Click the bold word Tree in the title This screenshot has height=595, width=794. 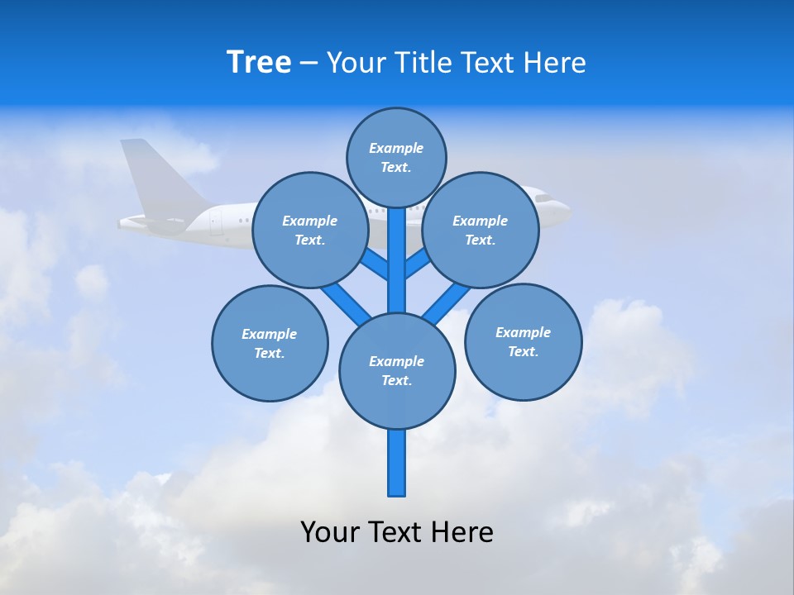pos(259,62)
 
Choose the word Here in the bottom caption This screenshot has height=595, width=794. pos(462,531)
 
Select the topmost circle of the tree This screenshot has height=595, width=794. pos(396,157)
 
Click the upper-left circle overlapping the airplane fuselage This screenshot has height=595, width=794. pos(310,230)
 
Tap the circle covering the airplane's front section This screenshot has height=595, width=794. pos(481,230)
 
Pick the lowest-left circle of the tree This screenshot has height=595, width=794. pos(270,343)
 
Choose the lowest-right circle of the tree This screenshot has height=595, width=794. pos(523,341)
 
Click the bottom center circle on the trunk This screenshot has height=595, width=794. pos(397,370)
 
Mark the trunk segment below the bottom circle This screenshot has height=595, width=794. pos(397,463)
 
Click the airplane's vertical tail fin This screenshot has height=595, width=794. pos(161,178)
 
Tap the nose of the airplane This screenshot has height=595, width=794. pos(566,211)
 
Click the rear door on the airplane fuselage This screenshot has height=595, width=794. pos(216,221)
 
